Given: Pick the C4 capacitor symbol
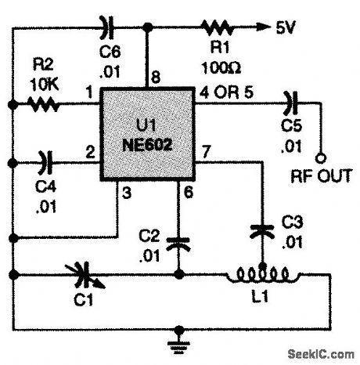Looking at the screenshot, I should click(45, 164).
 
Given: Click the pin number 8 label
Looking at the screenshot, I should click(156, 76).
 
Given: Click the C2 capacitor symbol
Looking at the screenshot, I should click(181, 240).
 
